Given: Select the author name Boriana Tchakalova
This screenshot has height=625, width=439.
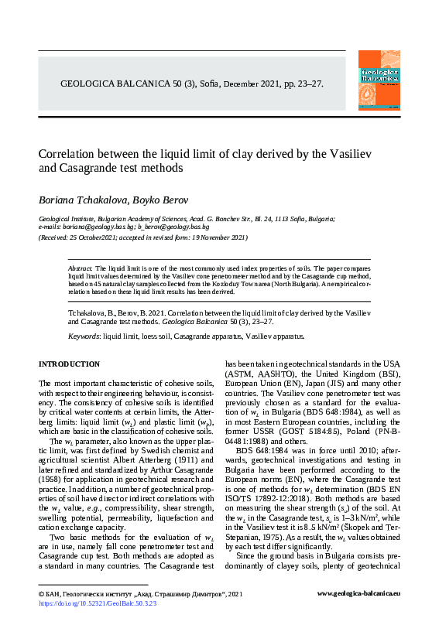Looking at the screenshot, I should (x=79, y=200).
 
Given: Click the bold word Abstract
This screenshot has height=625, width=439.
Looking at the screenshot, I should (x=81, y=267).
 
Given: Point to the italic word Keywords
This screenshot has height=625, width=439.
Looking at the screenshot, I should (x=84, y=337).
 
